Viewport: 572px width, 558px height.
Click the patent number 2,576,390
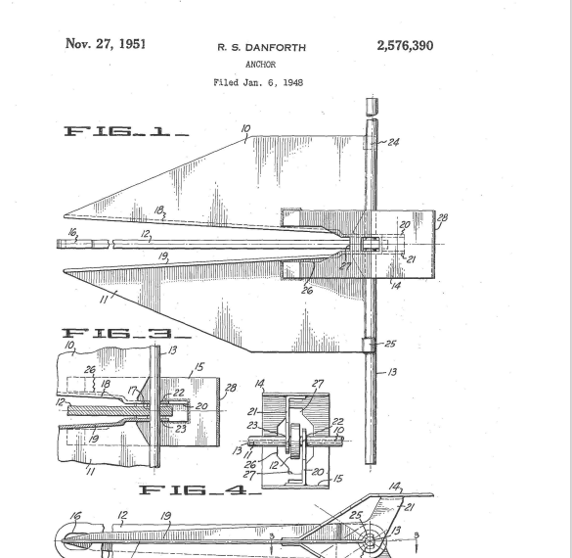(x=405, y=46)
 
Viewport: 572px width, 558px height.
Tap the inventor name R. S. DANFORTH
(x=262, y=47)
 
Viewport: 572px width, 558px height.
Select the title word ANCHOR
(x=260, y=65)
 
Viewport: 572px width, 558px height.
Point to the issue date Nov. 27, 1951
(x=106, y=43)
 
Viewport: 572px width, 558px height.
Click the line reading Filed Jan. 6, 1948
(x=258, y=82)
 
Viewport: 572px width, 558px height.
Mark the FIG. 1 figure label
(x=126, y=131)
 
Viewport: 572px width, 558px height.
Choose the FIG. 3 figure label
(x=126, y=334)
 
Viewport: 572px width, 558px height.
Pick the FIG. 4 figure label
(x=199, y=489)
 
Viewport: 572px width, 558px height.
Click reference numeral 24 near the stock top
(x=393, y=142)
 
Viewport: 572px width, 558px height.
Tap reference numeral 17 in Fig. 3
(x=132, y=391)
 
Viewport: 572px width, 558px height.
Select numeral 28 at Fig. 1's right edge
(x=442, y=218)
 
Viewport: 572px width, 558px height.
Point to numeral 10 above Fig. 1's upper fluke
(x=245, y=128)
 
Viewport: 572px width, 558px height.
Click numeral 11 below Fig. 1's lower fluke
(x=104, y=300)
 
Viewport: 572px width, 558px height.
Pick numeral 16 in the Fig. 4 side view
(x=75, y=516)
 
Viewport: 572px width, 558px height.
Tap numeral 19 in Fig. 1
(x=163, y=256)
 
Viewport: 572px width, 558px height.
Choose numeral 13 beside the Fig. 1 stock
(x=392, y=372)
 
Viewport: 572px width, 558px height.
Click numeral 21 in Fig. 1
(x=411, y=259)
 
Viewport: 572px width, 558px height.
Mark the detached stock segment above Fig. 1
(x=372, y=107)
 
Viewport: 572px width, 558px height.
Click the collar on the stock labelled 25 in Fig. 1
(x=369, y=346)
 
